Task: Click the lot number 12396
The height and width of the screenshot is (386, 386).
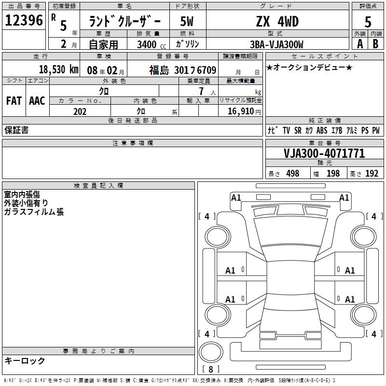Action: click(24, 20)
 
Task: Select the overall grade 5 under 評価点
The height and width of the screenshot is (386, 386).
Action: click(368, 22)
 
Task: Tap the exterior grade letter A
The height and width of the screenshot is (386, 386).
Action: click(360, 44)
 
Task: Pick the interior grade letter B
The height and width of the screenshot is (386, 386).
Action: click(375, 44)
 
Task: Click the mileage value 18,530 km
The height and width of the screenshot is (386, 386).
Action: click(59, 69)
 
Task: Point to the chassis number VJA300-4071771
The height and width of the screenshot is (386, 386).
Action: click(324, 153)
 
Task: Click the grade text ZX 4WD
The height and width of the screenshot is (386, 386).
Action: click(277, 21)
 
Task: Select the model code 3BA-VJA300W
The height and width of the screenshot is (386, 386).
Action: click(276, 44)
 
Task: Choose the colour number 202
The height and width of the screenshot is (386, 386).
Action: click(80, 111)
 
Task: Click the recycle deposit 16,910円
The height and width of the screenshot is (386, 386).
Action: click(244, 111)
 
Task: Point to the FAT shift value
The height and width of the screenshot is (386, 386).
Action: click(14, 101)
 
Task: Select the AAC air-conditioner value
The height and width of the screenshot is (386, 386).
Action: click(37, 101)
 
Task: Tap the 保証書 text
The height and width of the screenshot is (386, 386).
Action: click(16, 130)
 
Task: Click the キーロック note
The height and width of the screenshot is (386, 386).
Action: click(25, 360)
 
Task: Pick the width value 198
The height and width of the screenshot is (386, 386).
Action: click(333, 173)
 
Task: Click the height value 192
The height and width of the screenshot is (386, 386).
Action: click(372, 173)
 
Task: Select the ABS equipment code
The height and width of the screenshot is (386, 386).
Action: click(322, 130)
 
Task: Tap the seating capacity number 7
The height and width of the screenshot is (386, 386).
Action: click(201, 91)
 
